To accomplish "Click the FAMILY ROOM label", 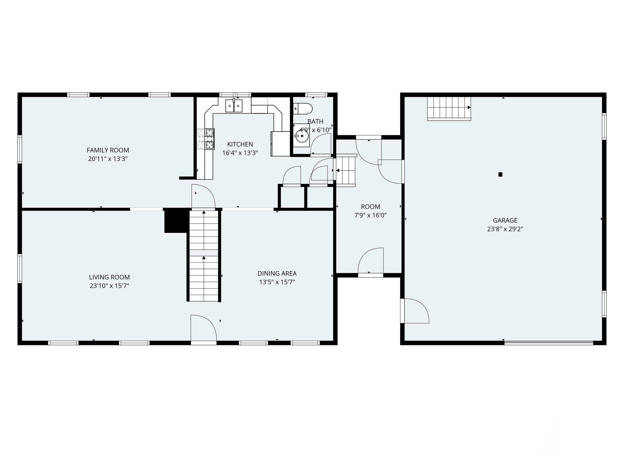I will pos(108,150).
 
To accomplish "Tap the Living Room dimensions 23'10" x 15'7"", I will pos(109,286).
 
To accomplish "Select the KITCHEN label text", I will pos(240,144).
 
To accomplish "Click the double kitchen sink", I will pos(234,106).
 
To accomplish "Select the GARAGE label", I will pos(505,220).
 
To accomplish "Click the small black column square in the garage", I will pos(500,174).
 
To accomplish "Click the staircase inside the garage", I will pos(449,108).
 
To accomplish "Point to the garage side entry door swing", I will pos(416,311).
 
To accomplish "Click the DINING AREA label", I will pos(277,273).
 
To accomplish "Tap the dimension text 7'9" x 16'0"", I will pos(370,215).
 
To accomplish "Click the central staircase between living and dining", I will pos(204,255).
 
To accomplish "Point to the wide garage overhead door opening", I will pos(548,343).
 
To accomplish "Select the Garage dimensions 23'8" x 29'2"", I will pos(505,229).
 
